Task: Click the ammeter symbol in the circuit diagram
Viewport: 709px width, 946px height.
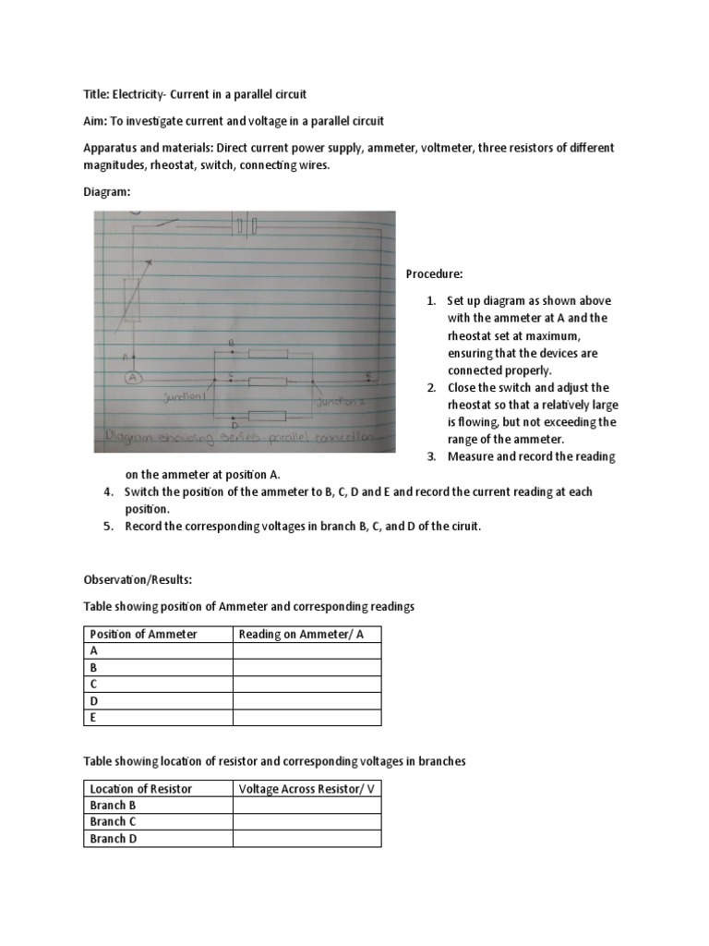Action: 133,378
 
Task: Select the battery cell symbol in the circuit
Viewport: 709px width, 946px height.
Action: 245,225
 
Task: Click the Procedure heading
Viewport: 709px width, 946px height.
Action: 434,274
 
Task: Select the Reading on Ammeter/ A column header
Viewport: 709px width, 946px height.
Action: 288,634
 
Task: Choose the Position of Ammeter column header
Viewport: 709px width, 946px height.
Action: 142,634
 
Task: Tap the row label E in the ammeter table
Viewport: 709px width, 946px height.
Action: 93,717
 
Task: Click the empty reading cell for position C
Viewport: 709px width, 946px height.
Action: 306,684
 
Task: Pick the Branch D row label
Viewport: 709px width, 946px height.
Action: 113,839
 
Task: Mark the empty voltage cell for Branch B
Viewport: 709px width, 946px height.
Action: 306,806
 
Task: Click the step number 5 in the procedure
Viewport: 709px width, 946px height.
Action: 108,527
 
